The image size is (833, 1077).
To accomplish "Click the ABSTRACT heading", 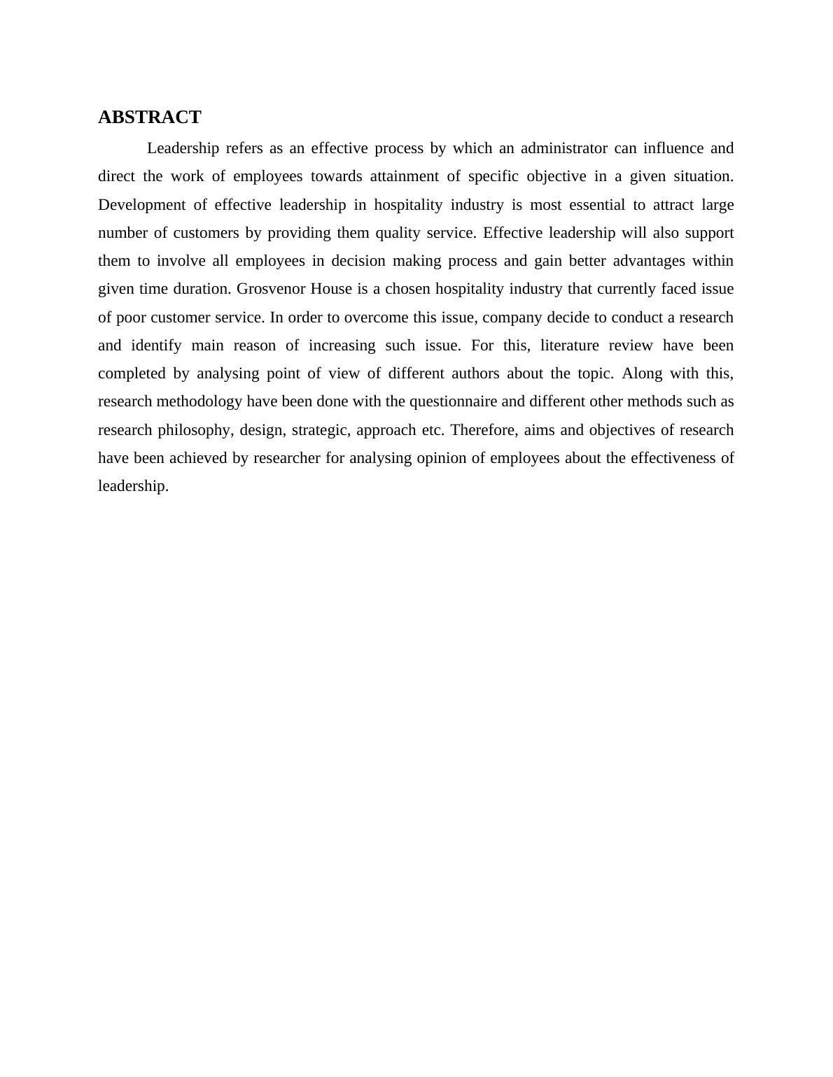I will click(149, 117).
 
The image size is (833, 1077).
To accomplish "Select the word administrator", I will click(563, 148).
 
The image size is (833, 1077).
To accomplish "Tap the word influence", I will click(673, 148).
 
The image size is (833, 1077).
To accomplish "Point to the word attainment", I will click(404, 176).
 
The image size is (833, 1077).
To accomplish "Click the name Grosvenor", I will click(269, 289).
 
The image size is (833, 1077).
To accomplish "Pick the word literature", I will click(569, 345).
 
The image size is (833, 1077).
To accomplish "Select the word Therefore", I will click(484, 430).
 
